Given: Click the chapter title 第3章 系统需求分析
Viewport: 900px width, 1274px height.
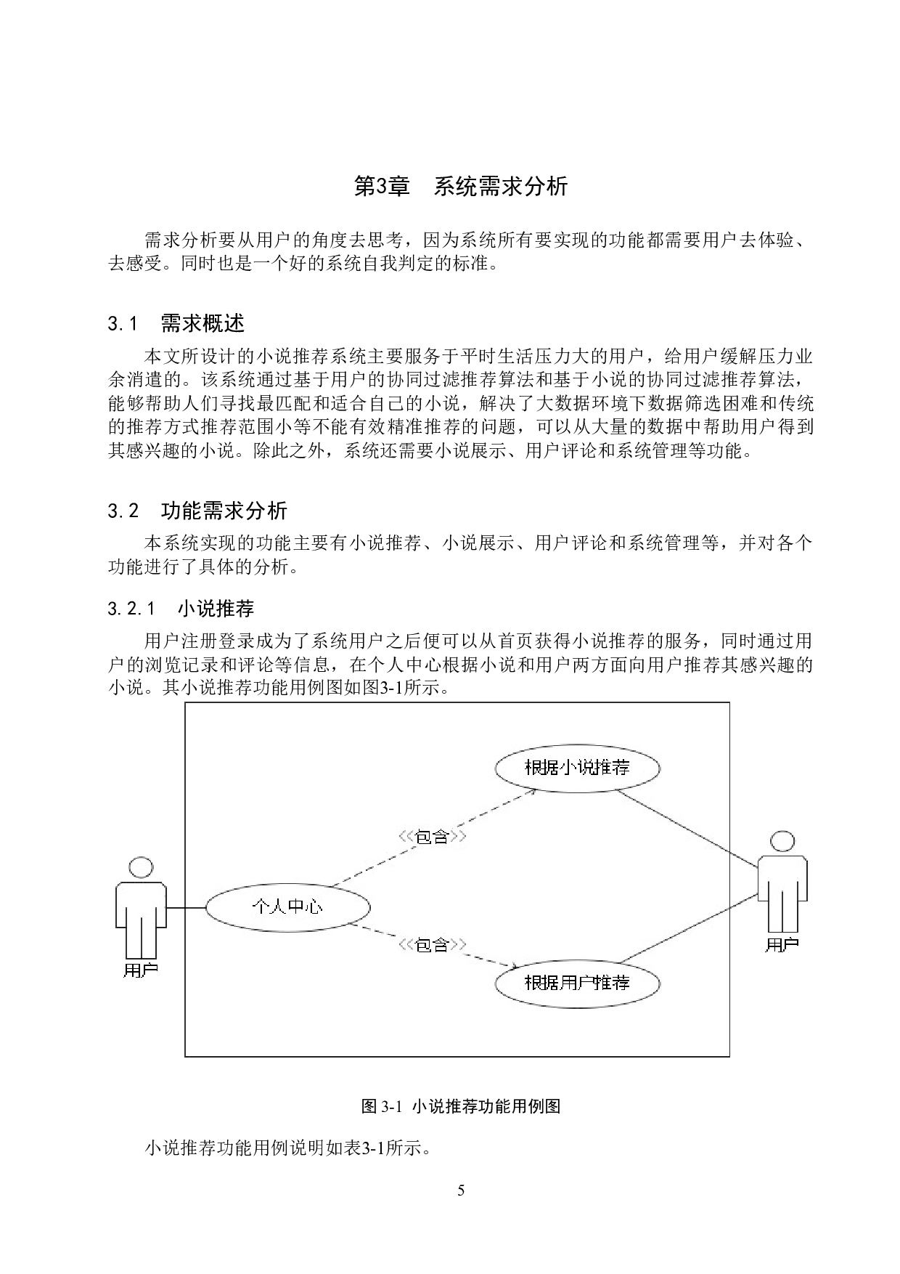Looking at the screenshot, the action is pos(460,187).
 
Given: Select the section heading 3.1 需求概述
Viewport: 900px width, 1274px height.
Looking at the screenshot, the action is pos(176,322).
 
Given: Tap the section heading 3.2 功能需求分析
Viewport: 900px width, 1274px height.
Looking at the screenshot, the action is pos(197,511).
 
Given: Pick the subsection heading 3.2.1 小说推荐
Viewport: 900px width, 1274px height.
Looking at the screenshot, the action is pos(181,608).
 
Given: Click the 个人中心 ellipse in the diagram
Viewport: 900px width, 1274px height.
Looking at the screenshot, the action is pos(287,906).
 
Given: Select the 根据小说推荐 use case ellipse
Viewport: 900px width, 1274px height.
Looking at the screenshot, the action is pos(577,768).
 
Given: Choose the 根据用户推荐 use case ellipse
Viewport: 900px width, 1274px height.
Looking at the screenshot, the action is pos(577,983).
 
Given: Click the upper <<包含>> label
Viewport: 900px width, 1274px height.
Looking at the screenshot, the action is pos(432,837).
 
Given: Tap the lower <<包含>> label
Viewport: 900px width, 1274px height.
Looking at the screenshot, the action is pos(432,945).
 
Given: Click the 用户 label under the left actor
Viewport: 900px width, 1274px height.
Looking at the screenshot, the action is pos(141,970).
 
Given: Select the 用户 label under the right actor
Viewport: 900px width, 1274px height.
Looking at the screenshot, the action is pos(782,944).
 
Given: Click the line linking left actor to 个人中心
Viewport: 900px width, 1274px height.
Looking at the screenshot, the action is pos(186,908).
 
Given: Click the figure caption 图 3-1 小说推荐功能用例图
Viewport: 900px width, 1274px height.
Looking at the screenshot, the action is pos(461,1106).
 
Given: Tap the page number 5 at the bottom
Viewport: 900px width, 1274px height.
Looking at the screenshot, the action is pos(461,1190).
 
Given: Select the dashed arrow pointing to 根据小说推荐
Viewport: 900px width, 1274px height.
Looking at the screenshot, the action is pos(433,837).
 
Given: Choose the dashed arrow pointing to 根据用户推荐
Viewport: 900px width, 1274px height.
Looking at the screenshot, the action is pos(433,946).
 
